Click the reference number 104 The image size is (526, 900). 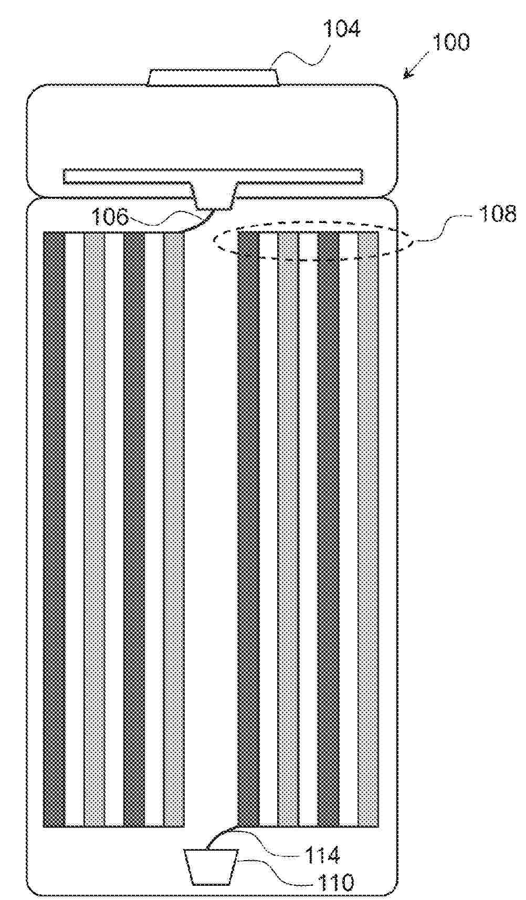[x=342, y=29]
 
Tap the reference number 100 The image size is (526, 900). [x=450, y=42]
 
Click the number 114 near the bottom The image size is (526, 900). [x=322, y=854]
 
